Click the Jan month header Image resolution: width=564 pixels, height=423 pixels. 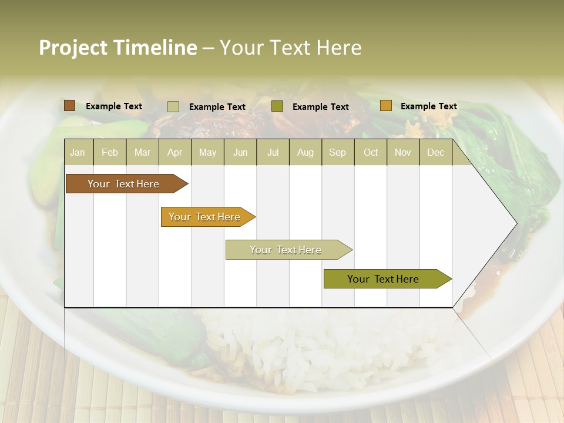click(78, 152)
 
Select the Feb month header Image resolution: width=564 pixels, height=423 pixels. click(110, 152)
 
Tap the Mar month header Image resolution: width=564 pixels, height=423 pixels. click(142, 152)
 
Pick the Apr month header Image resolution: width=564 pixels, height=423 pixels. click(175, 152)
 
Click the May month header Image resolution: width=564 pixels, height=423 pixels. click(207, 152)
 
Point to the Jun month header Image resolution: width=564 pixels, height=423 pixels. click(240, 152)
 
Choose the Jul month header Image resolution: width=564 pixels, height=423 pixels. click(273, 152)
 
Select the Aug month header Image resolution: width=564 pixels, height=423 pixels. click(305, 152)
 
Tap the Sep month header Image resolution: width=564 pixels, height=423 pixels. click(338, 152)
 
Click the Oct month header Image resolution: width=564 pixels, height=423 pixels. click(371, 152)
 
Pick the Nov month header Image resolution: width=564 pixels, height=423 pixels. click(403, 152)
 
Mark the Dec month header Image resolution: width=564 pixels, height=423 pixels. click(436, 152)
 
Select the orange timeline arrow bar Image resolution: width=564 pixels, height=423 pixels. click(206, 217)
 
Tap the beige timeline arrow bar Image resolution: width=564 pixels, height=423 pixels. click(287, 250)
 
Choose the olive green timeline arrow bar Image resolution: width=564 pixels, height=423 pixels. click(385, 279)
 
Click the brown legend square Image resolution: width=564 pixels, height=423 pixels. click(70, 106)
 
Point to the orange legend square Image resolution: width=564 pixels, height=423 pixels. click(385, 106)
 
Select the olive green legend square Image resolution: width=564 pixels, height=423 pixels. click(277, 106)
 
